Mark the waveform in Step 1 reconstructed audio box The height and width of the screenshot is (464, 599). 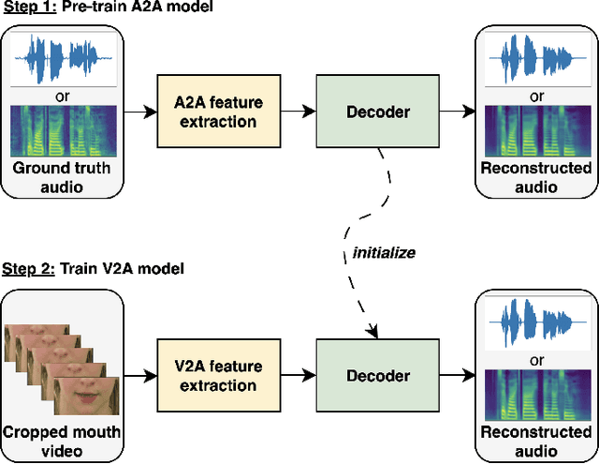click(x=536, y=57)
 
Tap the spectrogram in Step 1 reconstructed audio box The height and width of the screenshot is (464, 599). click(x=536, y=130)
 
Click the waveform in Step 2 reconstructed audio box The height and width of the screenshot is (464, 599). click(x=536, y=322)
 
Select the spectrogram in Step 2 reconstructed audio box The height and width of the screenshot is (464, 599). click(x=536, y=394)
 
